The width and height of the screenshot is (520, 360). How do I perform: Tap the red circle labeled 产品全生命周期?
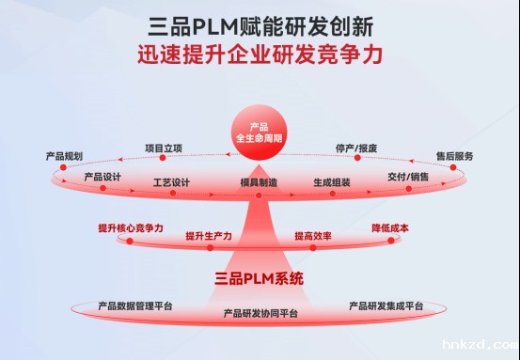pos(260,133)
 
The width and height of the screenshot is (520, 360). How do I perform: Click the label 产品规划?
pos(64,154)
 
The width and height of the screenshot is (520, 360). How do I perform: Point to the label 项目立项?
pos(164,147)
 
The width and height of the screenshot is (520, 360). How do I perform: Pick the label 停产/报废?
pos(356,148)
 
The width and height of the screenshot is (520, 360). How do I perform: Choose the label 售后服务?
pos(454,155)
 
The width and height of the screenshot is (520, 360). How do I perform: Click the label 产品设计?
pos(102,177)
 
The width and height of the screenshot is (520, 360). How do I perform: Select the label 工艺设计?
pos(171,181)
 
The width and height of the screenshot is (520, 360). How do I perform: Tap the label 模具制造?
pos(259,182)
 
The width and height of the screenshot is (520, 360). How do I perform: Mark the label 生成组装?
pos(332,181)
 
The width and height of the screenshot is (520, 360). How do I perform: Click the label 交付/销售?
pos(408,177)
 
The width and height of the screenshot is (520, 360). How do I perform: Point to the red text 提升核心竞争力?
pos(131,228)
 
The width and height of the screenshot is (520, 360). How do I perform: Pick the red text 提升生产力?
pos(209,235)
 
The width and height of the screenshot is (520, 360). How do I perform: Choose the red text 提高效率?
pos(310,235)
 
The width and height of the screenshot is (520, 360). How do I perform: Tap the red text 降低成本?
pos(390,228)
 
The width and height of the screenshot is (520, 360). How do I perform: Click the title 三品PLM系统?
pos(260,278)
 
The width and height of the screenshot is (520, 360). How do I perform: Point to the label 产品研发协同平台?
pos(260,313)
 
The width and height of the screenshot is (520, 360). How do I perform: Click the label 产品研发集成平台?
pos(386,306)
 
